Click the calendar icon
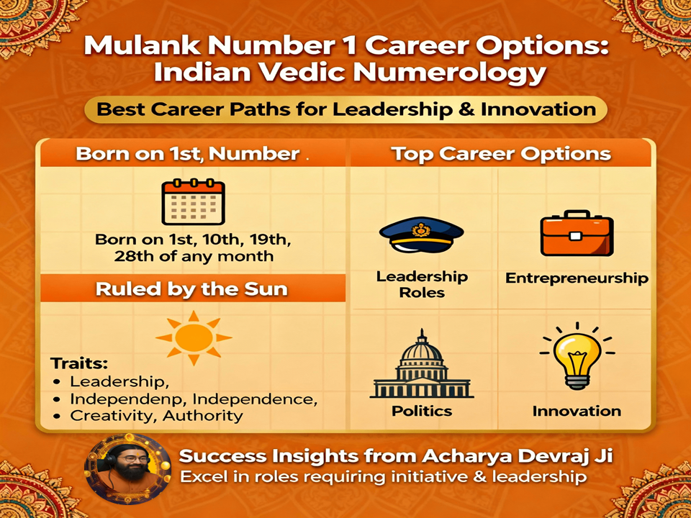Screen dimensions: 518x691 (x=192, y=203)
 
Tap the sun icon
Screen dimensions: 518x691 (x=194, y=337)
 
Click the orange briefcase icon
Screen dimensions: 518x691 (x=576, y=235)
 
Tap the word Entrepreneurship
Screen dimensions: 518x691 (x=577, y=278)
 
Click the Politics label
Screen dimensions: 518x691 (x=422, y=411)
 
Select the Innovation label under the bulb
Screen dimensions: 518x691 (x=577, y=411)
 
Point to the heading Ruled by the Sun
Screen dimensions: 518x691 (x=193, y=289)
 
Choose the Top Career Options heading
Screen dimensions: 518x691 (x=501, y=153)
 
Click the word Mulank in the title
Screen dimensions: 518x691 (x=137, y=47)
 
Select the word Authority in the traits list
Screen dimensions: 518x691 (x=203, y=415)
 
